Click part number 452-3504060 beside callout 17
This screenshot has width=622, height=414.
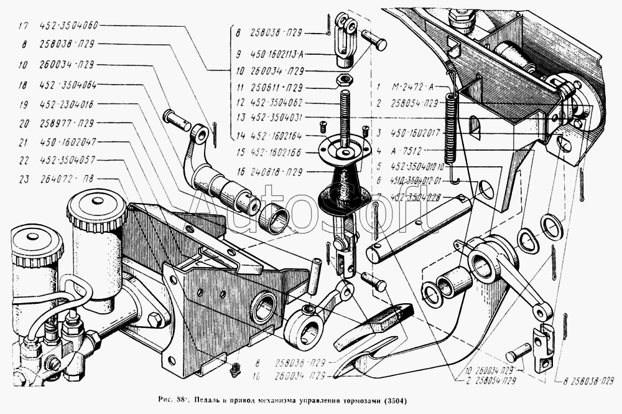tap(68, 26)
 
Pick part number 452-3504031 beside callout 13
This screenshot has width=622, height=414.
tap(278, 116)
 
